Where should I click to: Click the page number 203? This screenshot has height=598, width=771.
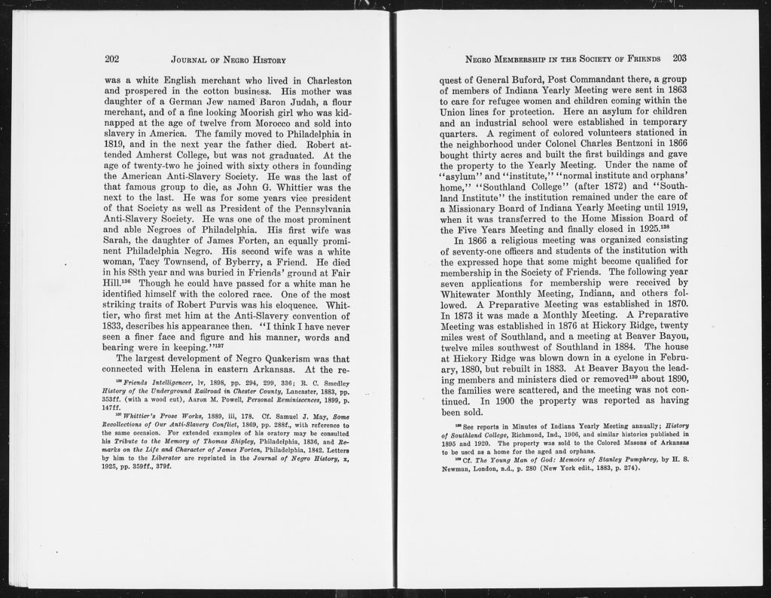pyautogui.click(x=680, y=58)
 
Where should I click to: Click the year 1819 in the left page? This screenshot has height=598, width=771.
pyautogui.click(x=116, y=144)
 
